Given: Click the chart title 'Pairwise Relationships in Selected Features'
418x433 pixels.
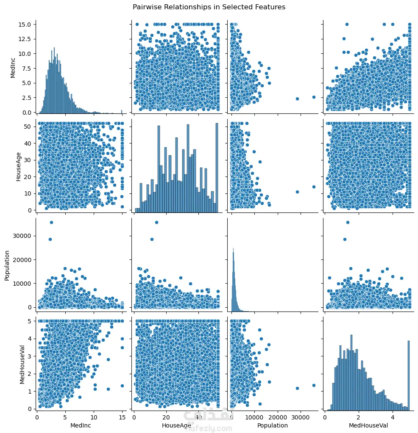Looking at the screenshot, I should point(209,7).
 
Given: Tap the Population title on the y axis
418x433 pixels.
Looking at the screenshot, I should point(7,263).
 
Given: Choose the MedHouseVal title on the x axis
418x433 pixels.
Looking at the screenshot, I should point(367,425).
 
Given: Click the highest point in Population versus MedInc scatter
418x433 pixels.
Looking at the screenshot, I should point(51,222).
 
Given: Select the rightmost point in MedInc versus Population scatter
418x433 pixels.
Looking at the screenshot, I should point(314,97).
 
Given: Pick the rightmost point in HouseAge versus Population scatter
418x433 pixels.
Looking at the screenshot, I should point(314,187).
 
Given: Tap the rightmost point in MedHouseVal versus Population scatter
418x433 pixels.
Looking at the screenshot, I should point(314,385).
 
